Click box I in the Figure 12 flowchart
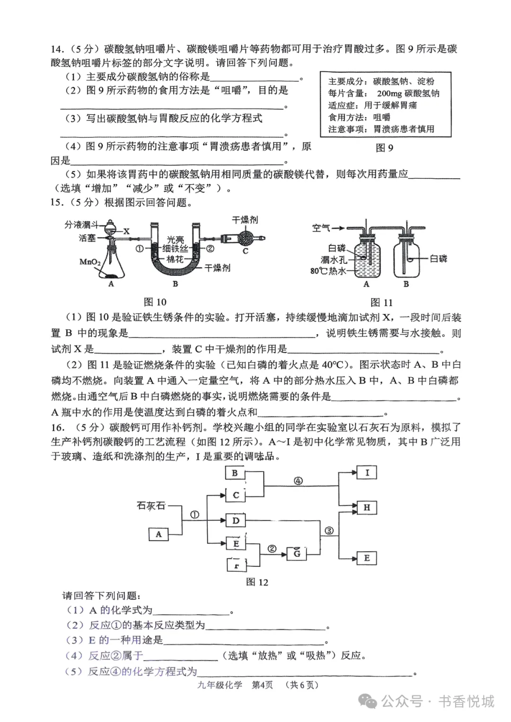(x=367, y=472)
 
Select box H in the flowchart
(x=367, y=508)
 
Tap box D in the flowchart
(x=236, y=521)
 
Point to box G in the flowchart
(x=297, y=553)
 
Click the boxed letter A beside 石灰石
(x=159, y=534)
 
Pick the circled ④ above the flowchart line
(x=298, y=481)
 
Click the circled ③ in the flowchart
(x=329, y=531)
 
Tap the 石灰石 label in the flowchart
(x=151, y=505)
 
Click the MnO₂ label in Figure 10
(x=90, y=261)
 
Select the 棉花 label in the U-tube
(x=175, y=259)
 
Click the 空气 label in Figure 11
(x=321, y=228)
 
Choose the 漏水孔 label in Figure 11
(x=334, y=259)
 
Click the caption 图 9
(x=384, y=148)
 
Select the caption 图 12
(x=257, y=582)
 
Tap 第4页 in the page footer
(x=262, y=685)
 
